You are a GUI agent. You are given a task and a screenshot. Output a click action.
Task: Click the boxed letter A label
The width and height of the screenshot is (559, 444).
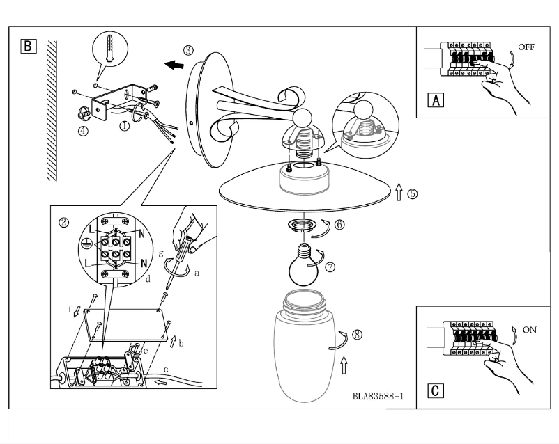(x=436, y=100)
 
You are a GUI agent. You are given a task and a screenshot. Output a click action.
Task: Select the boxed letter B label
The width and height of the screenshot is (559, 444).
(x=28, y=47)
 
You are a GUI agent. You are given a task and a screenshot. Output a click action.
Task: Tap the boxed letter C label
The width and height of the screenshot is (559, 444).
(x=436, y=390)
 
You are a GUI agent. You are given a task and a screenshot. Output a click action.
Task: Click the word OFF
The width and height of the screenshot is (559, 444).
(x=526, y=47)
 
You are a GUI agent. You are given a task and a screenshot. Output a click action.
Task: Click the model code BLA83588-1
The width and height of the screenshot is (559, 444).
(x=378, y=397)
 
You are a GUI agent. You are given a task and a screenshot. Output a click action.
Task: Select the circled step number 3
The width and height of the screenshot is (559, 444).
(x=189, y=50)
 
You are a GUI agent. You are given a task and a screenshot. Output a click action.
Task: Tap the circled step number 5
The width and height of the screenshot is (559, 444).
(x=413, y=194)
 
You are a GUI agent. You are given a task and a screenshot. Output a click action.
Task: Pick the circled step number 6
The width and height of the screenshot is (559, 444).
(x=339, y=225)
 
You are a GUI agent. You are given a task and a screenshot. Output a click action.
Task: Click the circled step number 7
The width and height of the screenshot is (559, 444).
(x=330, y=266)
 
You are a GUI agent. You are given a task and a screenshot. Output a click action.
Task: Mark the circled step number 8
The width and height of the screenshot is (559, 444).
(x=357, y=334)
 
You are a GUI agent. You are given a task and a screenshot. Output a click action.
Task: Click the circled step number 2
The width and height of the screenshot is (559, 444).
(x=63, y=223)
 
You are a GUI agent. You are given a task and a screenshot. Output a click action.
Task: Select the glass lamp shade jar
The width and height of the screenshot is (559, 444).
(x=304, y=348)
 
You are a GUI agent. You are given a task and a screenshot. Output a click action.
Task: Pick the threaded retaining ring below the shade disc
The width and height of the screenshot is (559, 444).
(x=305, y=226)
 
